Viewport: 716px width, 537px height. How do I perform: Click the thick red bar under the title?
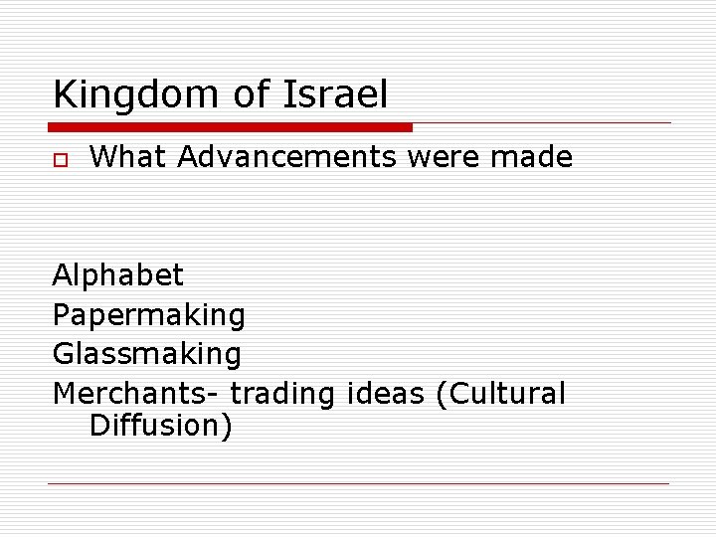click(x=230, y=127)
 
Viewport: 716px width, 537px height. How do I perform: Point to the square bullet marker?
click(x=60, y=159)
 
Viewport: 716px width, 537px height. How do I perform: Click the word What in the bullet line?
click(x=128, y=157)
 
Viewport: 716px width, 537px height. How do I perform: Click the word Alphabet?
click(x=118, y=275)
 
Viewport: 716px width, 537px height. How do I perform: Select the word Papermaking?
click(x=149, y=315)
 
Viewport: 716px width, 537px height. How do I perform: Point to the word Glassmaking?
click(x=147, y=354)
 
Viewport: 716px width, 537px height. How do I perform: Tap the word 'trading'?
click(x=283, y=395)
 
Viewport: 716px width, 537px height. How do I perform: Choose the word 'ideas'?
click(x=387, y=394)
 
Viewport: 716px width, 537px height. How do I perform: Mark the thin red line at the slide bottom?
click(x=358, y=484)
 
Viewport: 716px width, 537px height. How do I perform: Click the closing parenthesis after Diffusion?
click(x=227, y=427)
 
